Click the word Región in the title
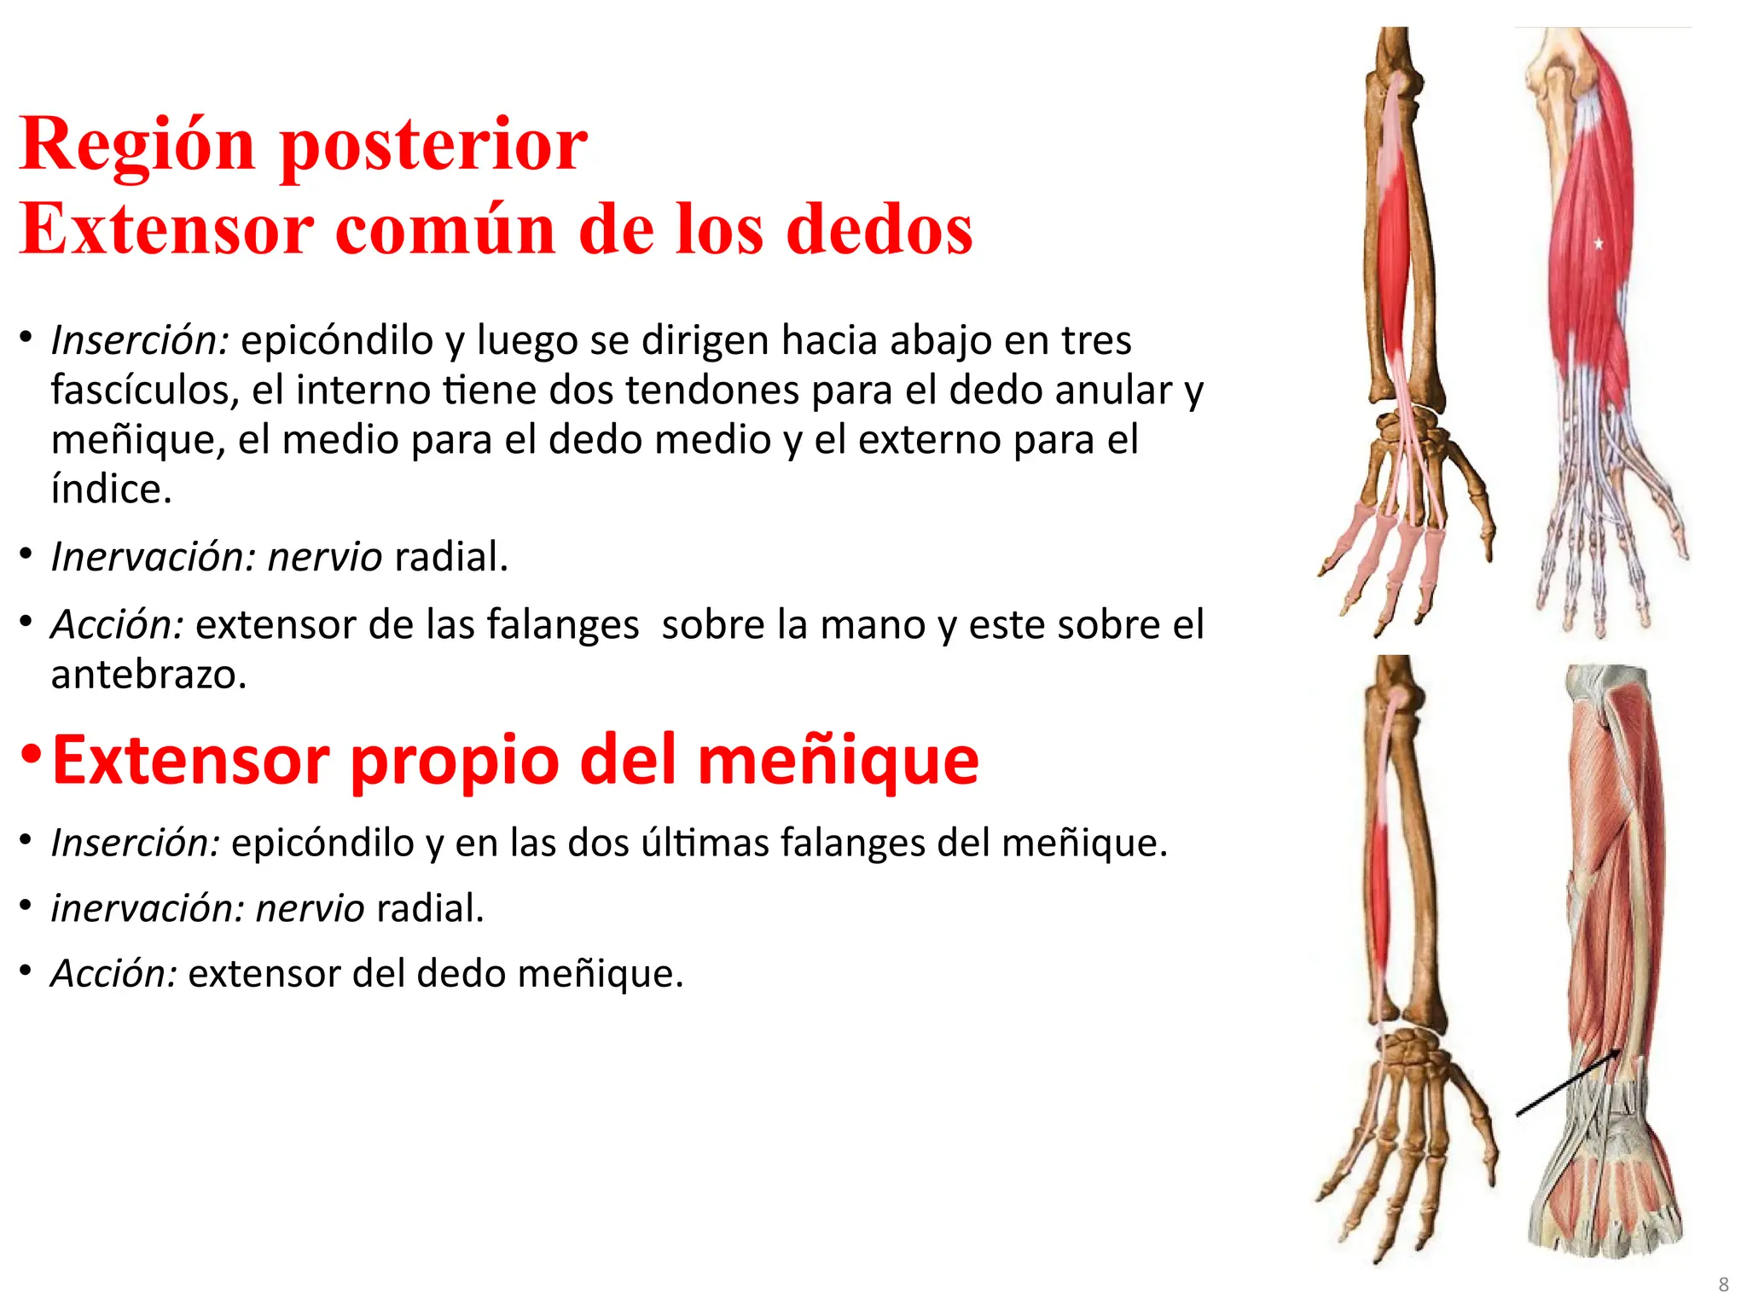point(136,145)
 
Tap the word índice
point(111,490)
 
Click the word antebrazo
point(148,675)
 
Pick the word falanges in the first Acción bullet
point(562,625)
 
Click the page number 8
point(1723,1284)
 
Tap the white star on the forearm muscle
point(1599,244)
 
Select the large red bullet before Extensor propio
point(32,755)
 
